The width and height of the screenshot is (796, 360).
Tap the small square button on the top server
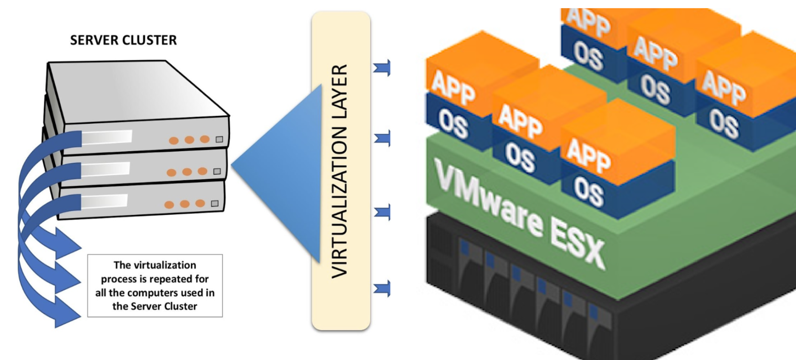[219, 139]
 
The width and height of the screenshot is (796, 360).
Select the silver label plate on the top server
[107, 137]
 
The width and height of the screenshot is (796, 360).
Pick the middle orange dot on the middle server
[187, 172]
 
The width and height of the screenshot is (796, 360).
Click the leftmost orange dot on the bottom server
[169, 205]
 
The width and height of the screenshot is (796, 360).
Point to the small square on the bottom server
[215, 204]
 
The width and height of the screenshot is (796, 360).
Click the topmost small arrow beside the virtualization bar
[382, 68]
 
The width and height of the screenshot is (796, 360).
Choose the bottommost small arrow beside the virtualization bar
[382, 289]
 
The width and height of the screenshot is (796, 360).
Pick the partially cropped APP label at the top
[589, 21]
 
